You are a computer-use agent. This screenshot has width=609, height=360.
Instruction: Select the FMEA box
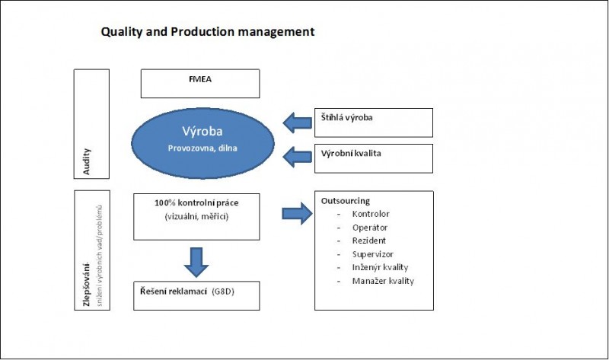coord(199,83)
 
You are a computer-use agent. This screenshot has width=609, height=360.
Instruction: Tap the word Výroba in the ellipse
coord(202,130)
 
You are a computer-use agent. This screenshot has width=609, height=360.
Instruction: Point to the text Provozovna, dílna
coord(202,147)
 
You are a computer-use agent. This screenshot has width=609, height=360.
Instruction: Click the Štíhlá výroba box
coord(373,122)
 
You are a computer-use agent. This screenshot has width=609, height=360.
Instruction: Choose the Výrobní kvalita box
coord(373,158)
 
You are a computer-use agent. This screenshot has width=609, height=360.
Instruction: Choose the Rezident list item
coord(369,241)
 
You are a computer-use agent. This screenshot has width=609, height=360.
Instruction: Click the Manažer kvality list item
coord(383,281)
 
